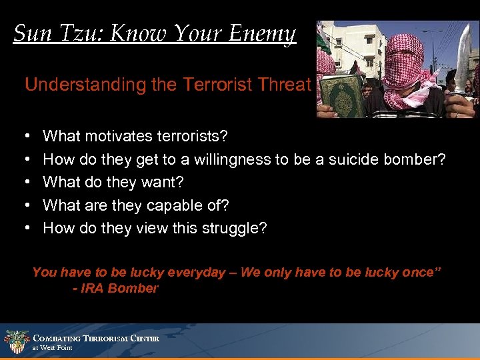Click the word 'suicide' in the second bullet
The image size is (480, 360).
(x=348, y=159)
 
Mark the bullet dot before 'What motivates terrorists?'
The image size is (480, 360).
(x=27, y=137)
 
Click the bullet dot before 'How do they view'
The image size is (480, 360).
(x=27, y=228)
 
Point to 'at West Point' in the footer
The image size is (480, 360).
(x=52, y=348)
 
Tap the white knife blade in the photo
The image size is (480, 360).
(x=462, y=60)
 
